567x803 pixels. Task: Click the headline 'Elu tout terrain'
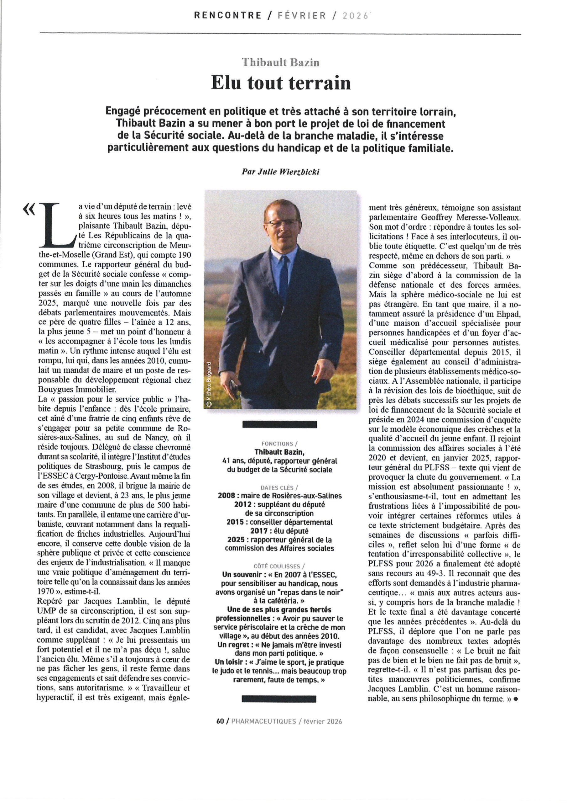281,83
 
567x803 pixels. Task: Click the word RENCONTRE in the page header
227,15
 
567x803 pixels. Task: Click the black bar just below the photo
279,424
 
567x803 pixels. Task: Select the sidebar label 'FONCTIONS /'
279,444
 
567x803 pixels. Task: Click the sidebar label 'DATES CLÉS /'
279,487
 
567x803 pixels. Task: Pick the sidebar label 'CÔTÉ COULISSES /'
279,566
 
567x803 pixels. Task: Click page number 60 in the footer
220,721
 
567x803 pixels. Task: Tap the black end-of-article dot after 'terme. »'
515,699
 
